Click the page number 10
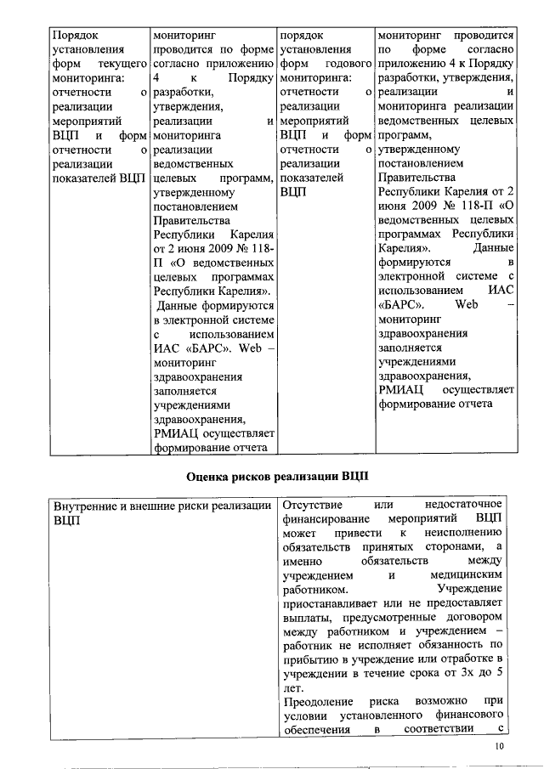(499, 745)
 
